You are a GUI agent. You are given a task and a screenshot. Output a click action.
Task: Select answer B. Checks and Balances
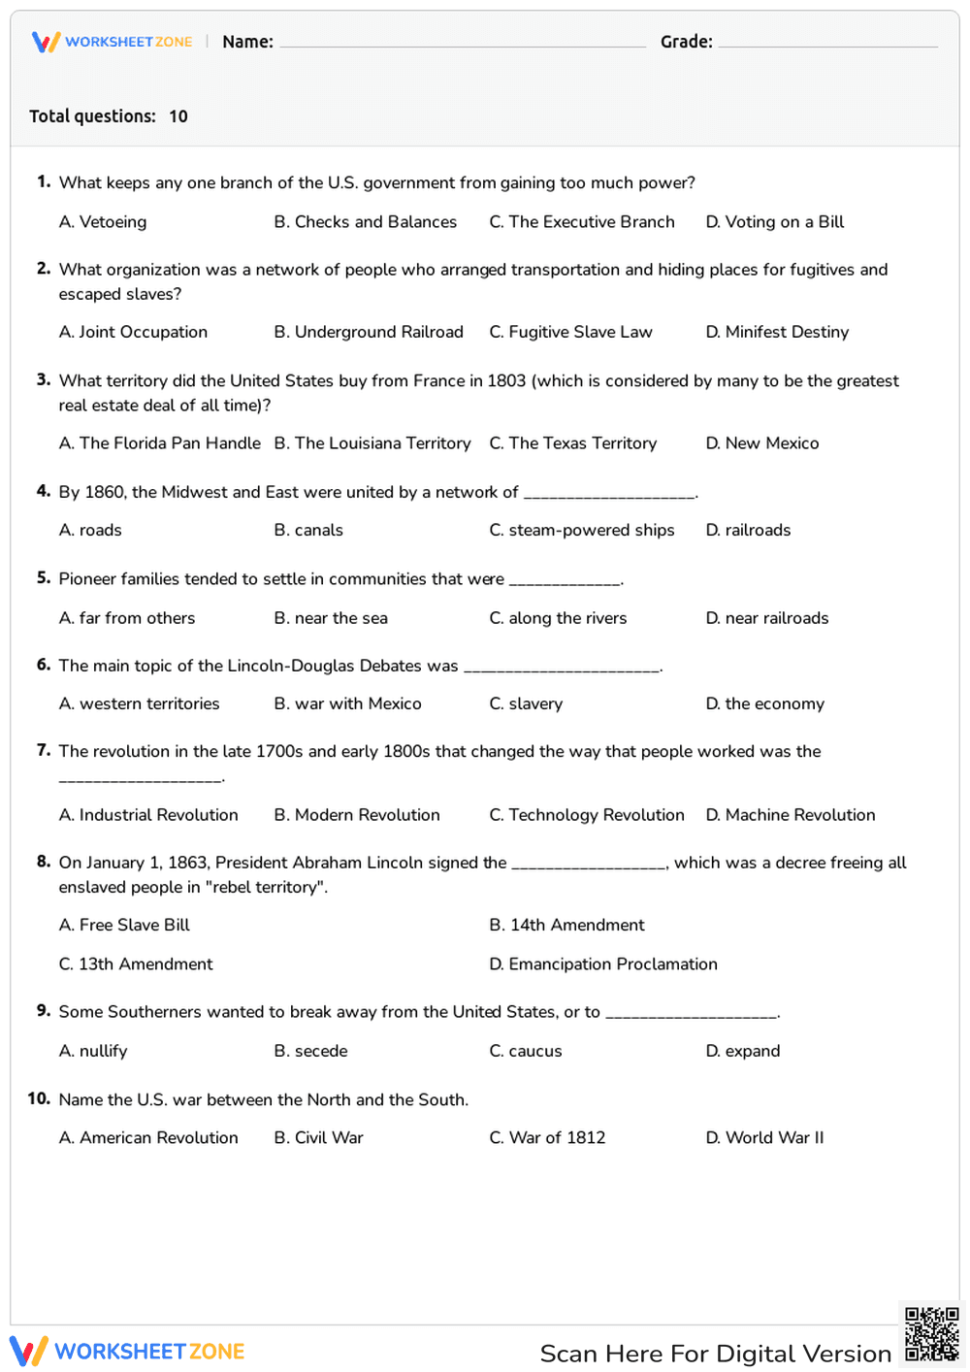365,222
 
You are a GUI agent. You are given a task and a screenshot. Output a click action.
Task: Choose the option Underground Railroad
369,332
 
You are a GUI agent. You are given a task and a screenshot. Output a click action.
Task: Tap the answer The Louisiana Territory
372,443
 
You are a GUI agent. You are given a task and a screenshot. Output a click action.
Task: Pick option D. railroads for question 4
748,530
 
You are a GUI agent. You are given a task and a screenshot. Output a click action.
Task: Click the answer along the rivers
558,618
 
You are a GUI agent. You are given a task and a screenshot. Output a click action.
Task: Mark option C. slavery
526,703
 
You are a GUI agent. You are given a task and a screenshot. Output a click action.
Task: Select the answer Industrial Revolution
148,815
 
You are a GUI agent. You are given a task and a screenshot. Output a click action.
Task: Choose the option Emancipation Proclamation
603,964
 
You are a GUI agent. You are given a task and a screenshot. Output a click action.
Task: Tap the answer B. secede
310,1051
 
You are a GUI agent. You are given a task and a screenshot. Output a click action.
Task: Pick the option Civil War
318,1137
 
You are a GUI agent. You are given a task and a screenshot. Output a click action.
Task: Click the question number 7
43,750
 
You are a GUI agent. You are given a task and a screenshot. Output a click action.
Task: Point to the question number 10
39,1098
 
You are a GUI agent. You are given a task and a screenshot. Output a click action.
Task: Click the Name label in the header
247,42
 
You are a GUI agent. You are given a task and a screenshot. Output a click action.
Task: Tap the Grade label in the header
686,42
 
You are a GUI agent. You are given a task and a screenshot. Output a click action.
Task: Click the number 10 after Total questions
178,116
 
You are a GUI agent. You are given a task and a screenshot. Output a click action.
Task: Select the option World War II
764,1137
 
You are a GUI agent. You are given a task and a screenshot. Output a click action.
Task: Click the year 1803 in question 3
506,381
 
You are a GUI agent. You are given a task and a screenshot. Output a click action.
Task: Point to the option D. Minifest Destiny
777,332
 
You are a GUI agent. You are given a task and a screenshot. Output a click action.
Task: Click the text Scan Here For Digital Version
715,1354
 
